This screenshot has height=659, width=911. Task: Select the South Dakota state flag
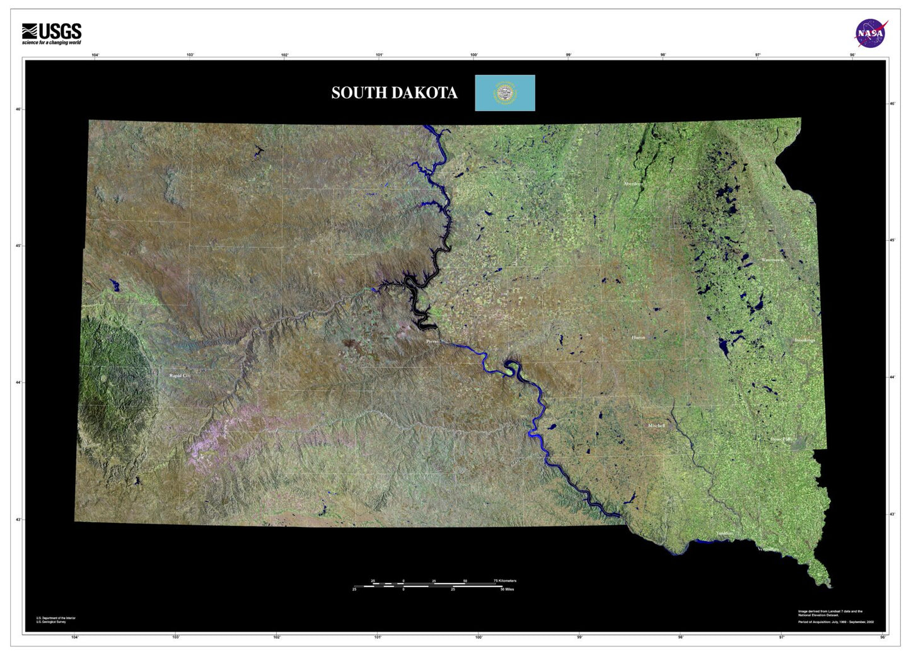pos(504,93)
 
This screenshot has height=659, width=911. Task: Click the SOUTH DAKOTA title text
pos(394,93)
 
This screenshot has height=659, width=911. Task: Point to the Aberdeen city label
pos(633,184)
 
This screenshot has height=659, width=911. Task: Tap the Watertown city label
pos(772,260)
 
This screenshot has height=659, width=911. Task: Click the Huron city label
pos(638,338)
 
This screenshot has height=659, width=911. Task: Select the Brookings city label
pos(804,340)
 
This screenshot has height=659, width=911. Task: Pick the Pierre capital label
pos(432,341)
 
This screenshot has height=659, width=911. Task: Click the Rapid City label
pos(180,375)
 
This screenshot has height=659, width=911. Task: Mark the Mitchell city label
pos(656,426)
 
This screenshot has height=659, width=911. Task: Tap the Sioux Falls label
pos(780,439)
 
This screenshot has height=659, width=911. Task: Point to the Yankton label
pos(724,534)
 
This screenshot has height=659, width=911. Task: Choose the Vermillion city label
pos(768,549)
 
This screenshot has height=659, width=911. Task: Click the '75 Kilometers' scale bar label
pos(504,581)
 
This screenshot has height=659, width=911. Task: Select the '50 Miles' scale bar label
pos(507,590)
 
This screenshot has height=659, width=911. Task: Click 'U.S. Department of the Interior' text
pos(55,618)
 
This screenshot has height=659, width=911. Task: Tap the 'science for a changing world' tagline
pos(52,43)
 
